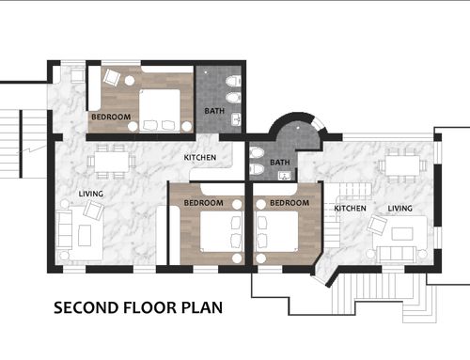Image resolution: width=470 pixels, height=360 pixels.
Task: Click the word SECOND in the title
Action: click(x=86, y=307)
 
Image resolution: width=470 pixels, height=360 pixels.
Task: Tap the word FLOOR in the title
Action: click(x=150, y=307)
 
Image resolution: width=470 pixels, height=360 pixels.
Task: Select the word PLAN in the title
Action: click(x=202, y=307)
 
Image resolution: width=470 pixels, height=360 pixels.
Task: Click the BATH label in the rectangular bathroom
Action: click(x=214, y=111)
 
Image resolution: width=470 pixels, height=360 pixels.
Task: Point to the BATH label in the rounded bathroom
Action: click(x=280, y=163)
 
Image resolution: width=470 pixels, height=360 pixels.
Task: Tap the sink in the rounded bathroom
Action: click(x=284, y=176)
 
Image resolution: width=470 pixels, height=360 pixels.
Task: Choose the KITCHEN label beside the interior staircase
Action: click(x=350, y=209)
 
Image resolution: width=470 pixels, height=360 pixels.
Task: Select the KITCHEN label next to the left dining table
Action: click(x=200, y=157)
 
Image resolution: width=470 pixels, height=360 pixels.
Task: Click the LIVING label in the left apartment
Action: click(x=91, y=194)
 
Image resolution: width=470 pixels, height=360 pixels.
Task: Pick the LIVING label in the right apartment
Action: click(x=399, y=209)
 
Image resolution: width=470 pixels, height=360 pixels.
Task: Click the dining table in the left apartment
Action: click(x=112, y=162)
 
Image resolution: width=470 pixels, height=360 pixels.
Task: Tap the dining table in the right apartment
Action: click(x=402, y=165)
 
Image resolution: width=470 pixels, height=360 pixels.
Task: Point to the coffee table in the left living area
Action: click(x=85, y=235)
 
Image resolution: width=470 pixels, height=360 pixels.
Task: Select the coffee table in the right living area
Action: click(x=402, y=234)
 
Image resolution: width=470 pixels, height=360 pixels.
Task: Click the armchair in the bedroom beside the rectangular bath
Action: click(x=112, y=77)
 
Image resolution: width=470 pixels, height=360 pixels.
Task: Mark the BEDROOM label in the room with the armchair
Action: click(x=111, y=117)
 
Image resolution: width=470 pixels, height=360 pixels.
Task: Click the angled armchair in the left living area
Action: click(x=93, y=210)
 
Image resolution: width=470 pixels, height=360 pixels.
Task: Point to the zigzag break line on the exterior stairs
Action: click(x=30, y=150)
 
